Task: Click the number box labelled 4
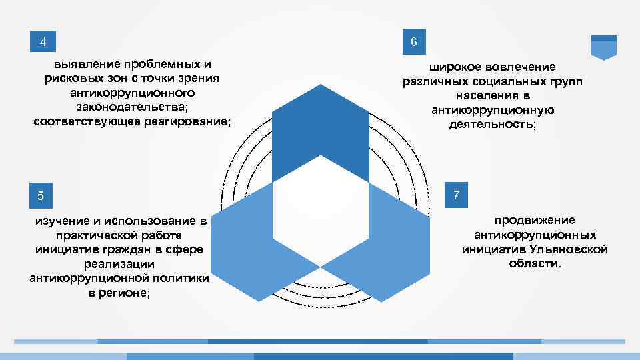pos(43,43)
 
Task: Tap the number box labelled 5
pos(41,196)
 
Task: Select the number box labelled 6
pos(414,43)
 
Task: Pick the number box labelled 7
pos(456,195)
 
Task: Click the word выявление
pos(84,65)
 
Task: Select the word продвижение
pos(535,220)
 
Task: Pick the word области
pos(535,264)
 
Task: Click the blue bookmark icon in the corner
pos(604,47)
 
